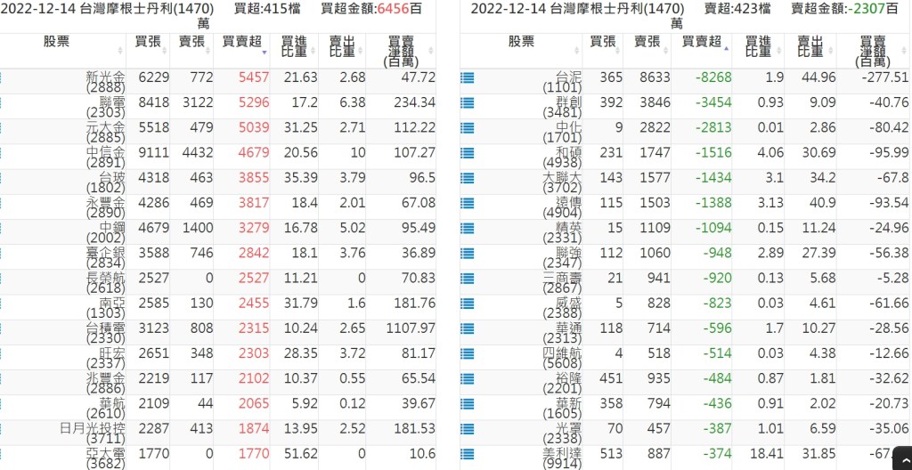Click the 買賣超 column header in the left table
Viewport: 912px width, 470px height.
click(241, 42)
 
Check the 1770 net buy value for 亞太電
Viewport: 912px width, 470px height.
click(253, 454)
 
